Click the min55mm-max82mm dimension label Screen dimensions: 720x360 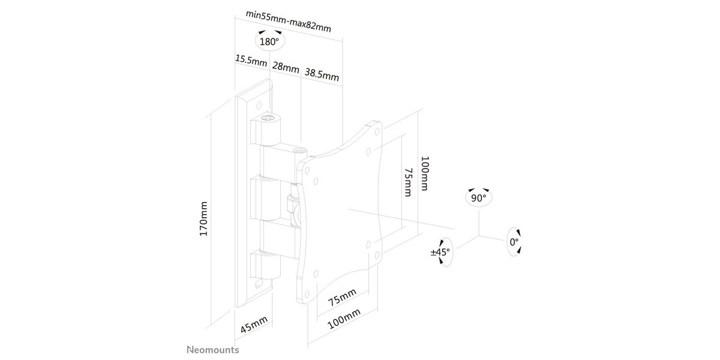289,21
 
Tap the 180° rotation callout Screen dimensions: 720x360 269,41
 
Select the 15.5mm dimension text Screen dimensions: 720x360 251,60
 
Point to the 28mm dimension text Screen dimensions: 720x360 286,67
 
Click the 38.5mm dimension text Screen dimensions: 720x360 322,74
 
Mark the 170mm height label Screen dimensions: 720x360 203,219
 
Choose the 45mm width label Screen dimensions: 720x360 254,325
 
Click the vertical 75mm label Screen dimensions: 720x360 408,182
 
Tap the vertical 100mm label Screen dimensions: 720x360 425,173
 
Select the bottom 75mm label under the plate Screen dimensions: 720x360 342,298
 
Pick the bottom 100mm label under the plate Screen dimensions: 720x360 344,319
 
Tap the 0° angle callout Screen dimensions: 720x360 514,242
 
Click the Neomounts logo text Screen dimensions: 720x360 213,350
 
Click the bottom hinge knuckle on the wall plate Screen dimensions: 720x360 266,265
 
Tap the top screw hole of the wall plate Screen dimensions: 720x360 259,106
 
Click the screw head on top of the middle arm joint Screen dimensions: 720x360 299,150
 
